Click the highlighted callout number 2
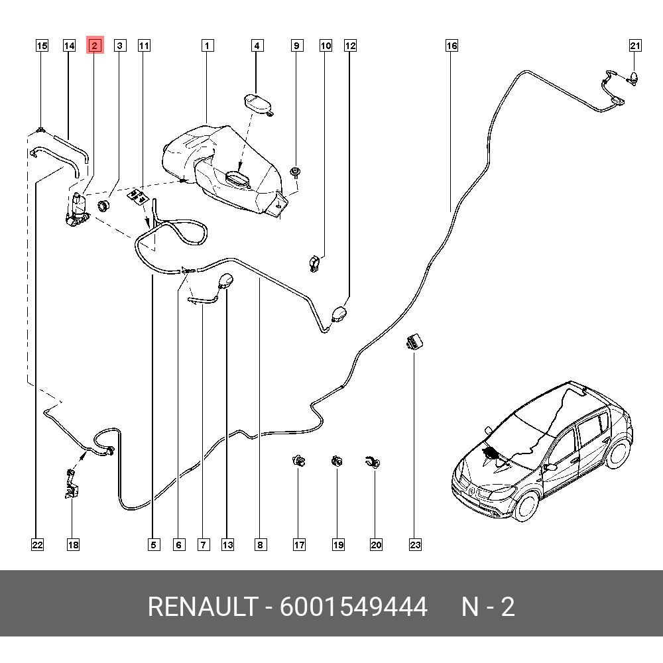coord(95,46)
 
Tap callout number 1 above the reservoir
coord(208,46)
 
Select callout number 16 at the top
coord(452,46)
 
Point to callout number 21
coord(635,46)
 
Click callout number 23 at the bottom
coord(415,545)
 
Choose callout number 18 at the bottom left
coord(73,545)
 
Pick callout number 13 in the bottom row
coord(227,545)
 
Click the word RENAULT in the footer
coord(202,607)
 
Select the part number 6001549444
coord(353,607)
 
